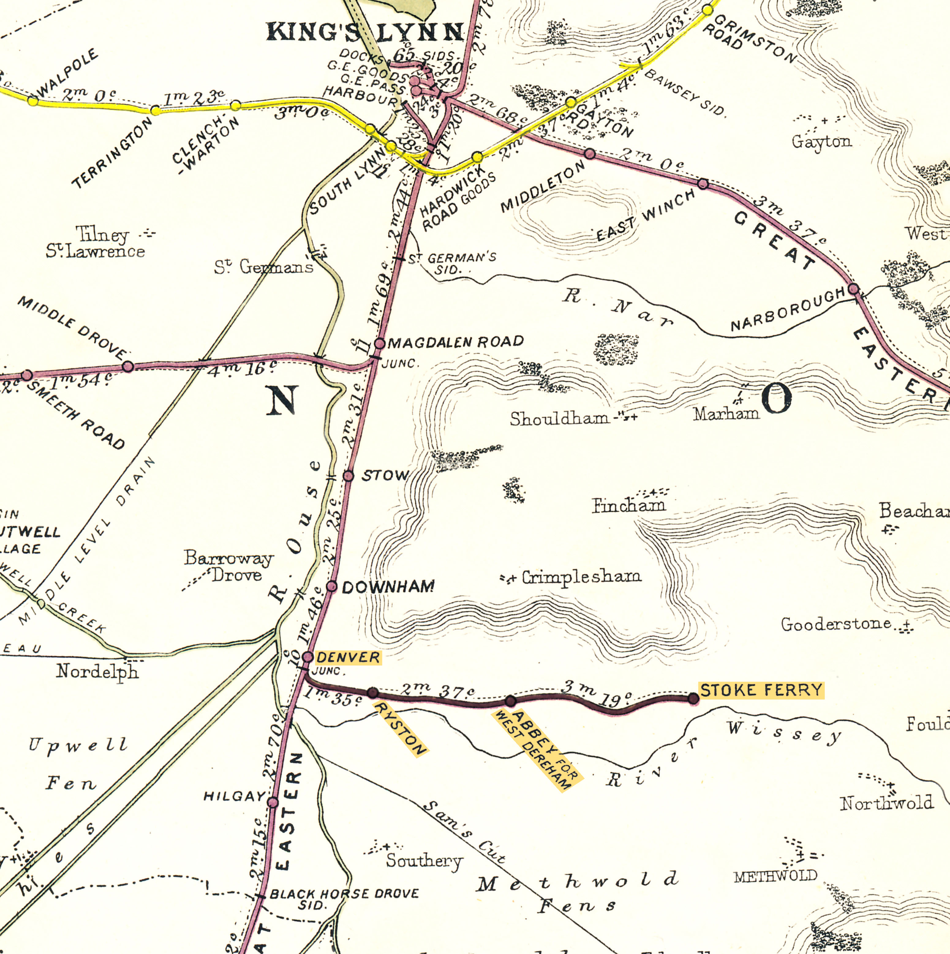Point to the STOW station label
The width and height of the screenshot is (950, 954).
pos(385,476)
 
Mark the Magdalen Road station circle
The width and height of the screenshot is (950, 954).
pos(379,344)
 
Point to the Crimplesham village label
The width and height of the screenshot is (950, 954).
pos(582,577)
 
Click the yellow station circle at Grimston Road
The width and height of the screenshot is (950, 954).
pos(707,10)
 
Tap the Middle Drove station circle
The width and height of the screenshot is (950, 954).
pos(128,366)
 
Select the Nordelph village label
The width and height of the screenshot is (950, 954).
pos(97,672)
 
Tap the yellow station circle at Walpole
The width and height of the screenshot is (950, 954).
pos(32,101)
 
